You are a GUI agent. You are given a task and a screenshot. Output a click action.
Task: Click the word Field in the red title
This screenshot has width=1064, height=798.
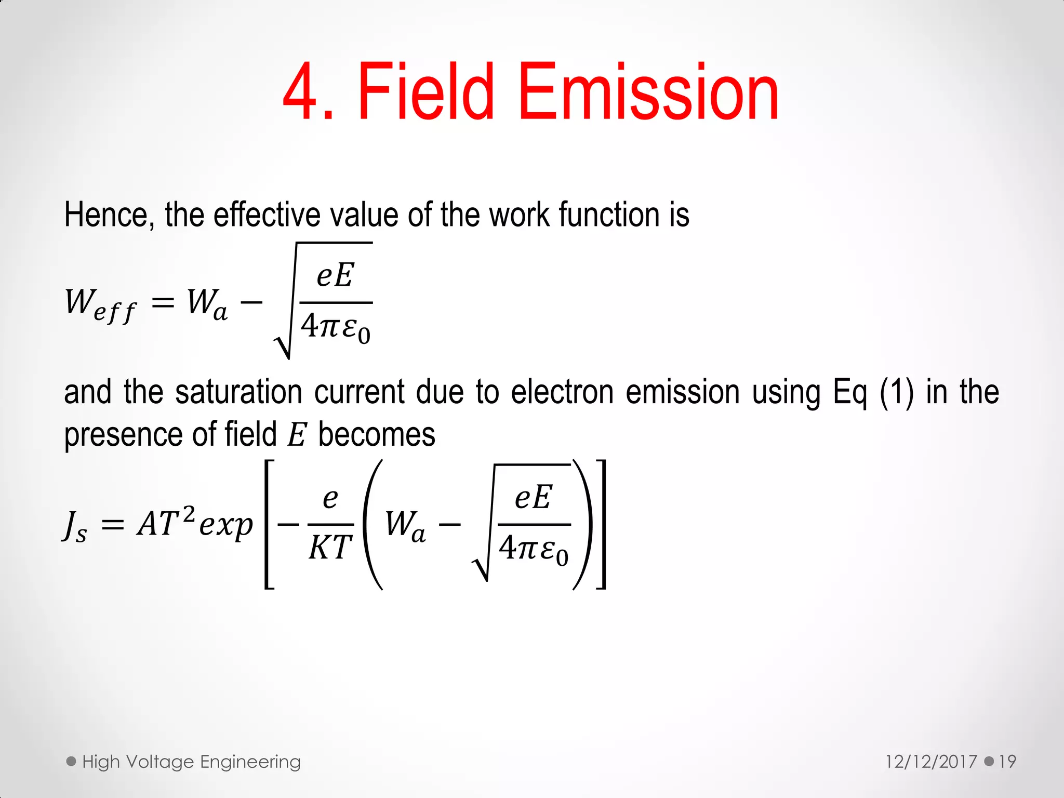[x=425, y=92]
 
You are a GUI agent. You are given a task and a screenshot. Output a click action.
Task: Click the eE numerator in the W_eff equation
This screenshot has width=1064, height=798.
[x=336, y=275]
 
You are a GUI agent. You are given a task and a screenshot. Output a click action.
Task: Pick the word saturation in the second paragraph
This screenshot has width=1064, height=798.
[x=238, y=392]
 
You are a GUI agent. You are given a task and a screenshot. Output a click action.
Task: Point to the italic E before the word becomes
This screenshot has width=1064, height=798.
[x=297, y=435]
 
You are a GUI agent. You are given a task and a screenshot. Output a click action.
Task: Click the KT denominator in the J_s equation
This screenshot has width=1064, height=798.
[x=330, y=548]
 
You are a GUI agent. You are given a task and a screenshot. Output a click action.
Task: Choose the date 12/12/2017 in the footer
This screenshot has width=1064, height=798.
[x=931, y=762]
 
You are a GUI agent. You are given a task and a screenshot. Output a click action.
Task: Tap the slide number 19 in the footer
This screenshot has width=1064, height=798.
[x=1007, y=762]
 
